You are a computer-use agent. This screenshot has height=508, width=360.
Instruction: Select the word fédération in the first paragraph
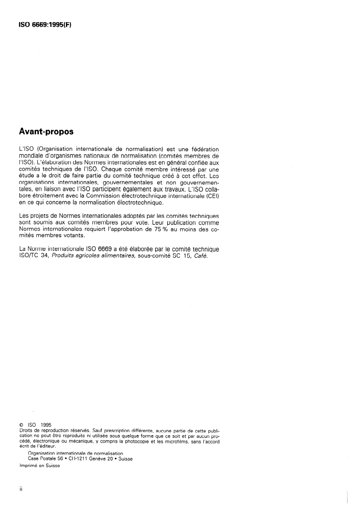coord(201,149)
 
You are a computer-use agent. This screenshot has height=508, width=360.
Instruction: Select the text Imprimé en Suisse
coord(39,468)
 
